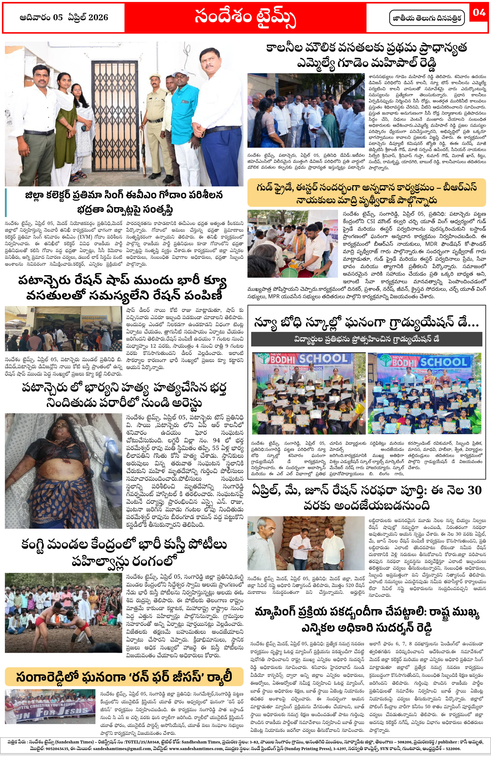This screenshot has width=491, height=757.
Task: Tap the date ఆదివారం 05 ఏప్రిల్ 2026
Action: coord(64,17)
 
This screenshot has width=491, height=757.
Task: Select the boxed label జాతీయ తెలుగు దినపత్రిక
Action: coord(426,18)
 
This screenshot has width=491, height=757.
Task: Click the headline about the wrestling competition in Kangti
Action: coord(124,553)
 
